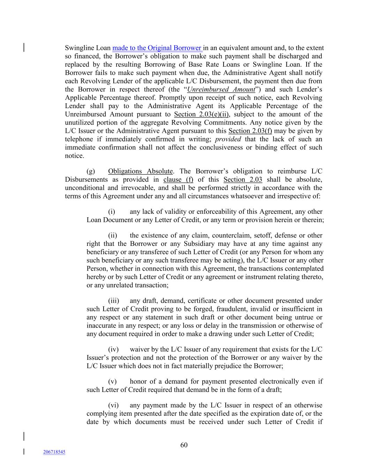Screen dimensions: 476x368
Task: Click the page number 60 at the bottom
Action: (184, 445)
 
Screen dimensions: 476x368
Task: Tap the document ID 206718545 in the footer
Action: (54, 452)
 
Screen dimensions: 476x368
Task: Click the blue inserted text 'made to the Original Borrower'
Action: (157, 48)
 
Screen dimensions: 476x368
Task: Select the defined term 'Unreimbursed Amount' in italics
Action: (221, 90)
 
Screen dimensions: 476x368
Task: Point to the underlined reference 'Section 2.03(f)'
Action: (250, 131)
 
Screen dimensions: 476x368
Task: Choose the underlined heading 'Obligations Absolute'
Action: (140, 171)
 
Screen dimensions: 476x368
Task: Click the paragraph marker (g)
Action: (90, 171)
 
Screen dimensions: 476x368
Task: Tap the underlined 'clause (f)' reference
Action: (178, 180)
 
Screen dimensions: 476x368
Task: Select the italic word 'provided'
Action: (228, 139)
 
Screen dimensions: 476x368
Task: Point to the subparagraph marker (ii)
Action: (112, 235)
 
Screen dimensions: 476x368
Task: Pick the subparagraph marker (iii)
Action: (113, 301)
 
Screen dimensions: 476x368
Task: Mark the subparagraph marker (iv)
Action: (113, 349)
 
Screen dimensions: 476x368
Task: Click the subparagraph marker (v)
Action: (112, 381)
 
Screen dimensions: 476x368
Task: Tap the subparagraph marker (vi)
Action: (113, 405)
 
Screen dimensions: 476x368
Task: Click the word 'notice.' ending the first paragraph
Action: (74, 156)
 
